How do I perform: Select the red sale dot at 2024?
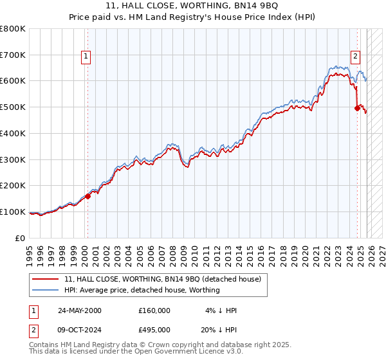[358, 108]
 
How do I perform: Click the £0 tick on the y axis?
[21, 238]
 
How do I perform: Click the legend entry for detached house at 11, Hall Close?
[162, 279]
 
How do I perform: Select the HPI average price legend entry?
[142, 290]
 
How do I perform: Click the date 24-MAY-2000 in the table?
[80, 310]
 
